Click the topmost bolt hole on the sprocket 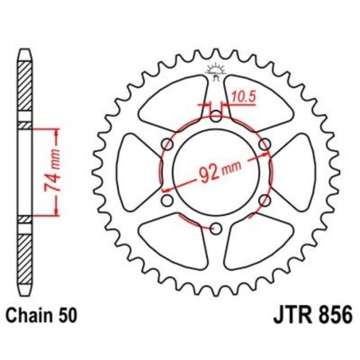216,114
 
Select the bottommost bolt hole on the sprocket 216,229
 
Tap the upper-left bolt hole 166,143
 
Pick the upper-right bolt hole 266,143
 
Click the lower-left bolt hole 166,201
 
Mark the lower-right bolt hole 266,201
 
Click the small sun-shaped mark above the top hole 216,70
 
